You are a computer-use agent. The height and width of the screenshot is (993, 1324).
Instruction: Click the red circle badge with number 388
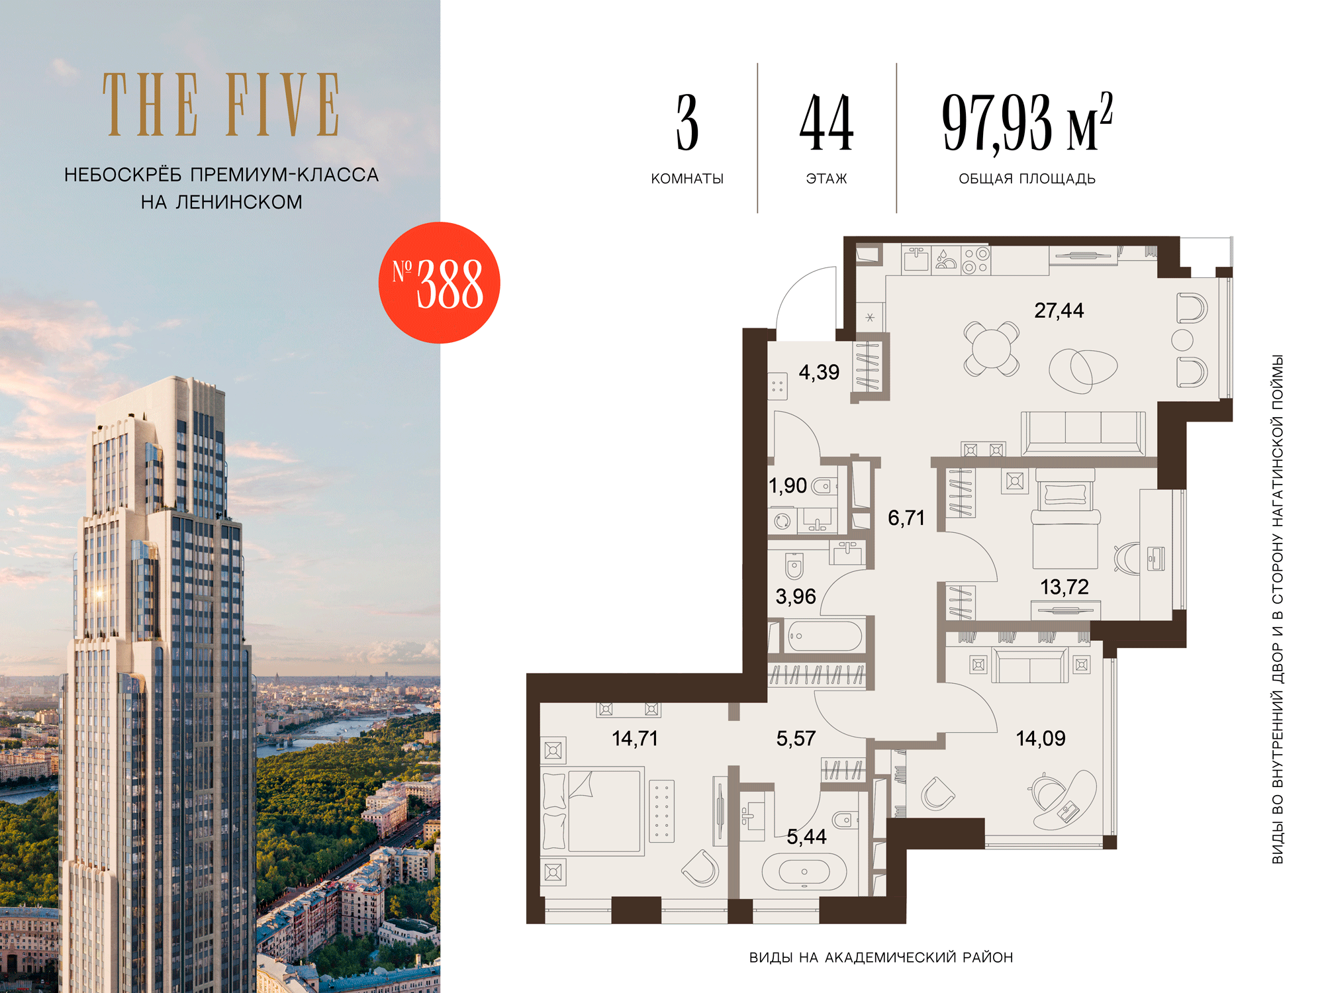[439, 283]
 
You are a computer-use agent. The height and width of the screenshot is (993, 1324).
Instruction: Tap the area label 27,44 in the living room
[1059, 310]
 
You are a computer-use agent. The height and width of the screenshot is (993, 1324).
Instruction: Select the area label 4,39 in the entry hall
[819, 372]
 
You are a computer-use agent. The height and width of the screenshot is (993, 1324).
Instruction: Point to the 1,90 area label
[788, 486]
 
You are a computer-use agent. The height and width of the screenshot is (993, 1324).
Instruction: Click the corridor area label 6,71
[906, 518]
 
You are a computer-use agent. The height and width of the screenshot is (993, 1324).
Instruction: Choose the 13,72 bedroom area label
[1064, 587]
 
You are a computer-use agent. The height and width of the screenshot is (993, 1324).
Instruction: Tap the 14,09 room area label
[1041, 738]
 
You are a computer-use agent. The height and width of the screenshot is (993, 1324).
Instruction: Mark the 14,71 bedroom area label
[635, 738]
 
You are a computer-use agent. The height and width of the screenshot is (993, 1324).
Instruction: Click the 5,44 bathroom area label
[806, 837]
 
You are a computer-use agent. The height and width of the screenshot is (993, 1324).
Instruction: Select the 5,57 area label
[796, 738]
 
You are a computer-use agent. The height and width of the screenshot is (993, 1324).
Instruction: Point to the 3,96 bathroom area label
[796, 596]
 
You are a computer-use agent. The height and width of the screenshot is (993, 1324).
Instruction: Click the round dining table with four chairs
[991, 348]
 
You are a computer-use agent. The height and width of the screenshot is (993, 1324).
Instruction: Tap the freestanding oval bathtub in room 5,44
[804, 871]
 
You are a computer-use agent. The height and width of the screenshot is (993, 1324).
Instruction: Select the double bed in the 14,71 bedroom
[593, 811]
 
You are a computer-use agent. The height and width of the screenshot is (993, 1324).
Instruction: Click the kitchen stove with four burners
[976, 260]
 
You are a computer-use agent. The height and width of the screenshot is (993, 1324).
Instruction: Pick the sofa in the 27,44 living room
[1083, 433]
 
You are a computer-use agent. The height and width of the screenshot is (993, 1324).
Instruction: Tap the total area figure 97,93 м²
[1027, 122]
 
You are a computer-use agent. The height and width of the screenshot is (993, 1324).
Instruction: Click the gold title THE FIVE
[221, 105]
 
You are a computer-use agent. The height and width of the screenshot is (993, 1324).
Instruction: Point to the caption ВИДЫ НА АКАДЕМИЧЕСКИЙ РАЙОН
[881, 957]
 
